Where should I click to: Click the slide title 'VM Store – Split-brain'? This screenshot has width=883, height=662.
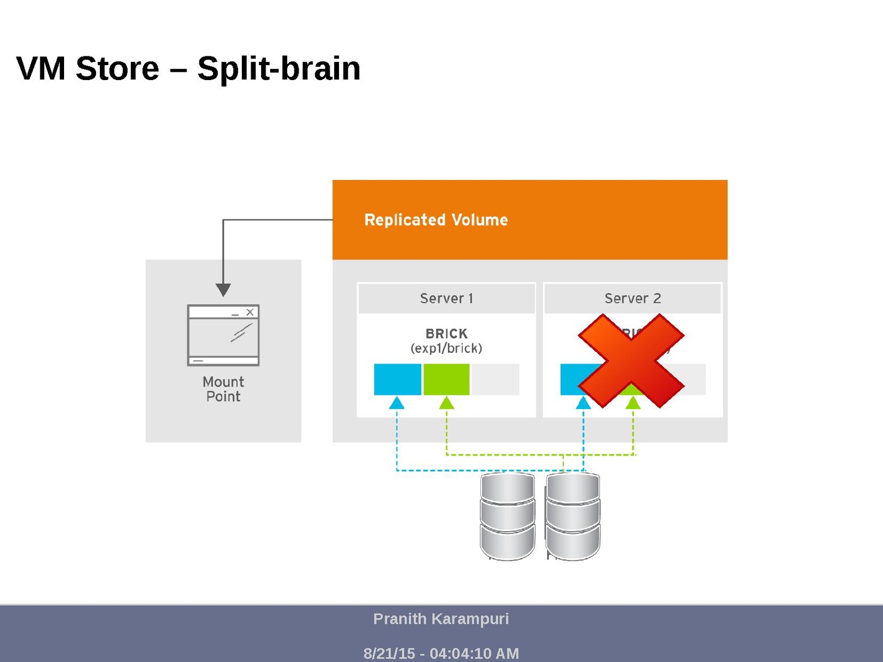188,68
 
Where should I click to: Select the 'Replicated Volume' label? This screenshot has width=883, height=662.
436,220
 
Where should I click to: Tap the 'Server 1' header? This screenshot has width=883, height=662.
446,299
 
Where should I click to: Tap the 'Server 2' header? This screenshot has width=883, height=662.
632,299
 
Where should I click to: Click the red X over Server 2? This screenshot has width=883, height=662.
631,361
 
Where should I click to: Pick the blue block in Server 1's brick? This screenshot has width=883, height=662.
398,379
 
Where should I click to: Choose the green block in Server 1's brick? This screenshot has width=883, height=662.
446,379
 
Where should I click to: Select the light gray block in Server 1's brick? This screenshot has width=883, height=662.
495,379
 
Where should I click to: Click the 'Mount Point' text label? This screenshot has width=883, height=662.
223,389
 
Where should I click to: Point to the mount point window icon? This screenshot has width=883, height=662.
223,335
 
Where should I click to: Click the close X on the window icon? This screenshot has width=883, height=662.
250,312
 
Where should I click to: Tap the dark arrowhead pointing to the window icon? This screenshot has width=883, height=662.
223,290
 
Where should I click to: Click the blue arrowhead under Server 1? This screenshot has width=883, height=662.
396,403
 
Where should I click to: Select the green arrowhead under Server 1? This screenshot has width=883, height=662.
446,403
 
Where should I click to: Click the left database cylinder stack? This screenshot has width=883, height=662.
507,516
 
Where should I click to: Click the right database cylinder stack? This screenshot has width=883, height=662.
573,516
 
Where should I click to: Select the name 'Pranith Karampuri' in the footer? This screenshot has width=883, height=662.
441,619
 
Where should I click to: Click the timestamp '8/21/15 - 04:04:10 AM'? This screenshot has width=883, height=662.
441,653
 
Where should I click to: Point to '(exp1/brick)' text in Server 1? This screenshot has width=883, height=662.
446,348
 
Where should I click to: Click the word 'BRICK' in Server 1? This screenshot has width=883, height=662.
446,333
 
